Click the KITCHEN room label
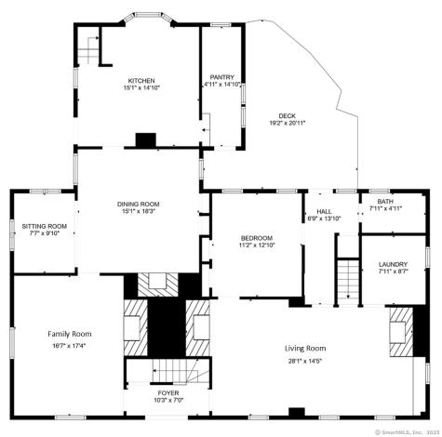tap(141, 81)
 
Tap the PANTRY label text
tap(222, 77)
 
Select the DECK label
tap(287, 115)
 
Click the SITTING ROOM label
tap(45, 226)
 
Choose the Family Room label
tap(69, 333)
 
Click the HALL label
tap(323, 211)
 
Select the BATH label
tap(384, 202)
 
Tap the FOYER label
tap(167, 393)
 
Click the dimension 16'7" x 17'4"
tap(69, 345)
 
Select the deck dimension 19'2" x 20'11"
tap(287, 123)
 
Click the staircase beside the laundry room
tap(346, 278)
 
